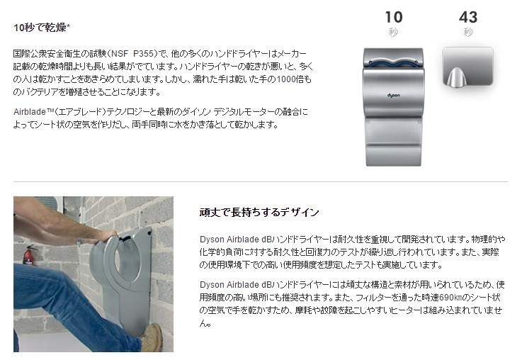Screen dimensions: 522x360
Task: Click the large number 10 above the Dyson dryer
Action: [394, 17]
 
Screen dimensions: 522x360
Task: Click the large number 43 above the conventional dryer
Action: [468, 17]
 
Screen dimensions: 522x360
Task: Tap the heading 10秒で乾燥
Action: [40, 28]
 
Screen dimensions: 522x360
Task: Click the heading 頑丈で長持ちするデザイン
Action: [259, 212]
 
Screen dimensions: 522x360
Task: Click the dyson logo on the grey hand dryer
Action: [394, 96]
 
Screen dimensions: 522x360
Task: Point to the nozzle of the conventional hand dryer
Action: [455, 78]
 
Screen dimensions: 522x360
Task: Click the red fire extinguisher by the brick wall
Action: [29, 255]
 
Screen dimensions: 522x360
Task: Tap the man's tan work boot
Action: [153, 337]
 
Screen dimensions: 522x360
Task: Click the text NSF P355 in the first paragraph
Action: [132, 53]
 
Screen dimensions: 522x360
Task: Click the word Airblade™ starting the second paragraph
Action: [34, 112]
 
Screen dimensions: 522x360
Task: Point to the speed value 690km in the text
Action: [450, 298]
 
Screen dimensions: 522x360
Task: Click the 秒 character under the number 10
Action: [393, 33]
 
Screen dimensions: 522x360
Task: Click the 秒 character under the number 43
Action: [468, 33]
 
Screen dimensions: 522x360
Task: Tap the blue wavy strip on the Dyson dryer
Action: [393, 63]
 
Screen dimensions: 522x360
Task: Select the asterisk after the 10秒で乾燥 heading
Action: [69, 26]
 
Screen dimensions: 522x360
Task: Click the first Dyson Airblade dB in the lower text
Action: [235, 240]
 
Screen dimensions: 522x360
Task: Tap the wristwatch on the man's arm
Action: [79, 242]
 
